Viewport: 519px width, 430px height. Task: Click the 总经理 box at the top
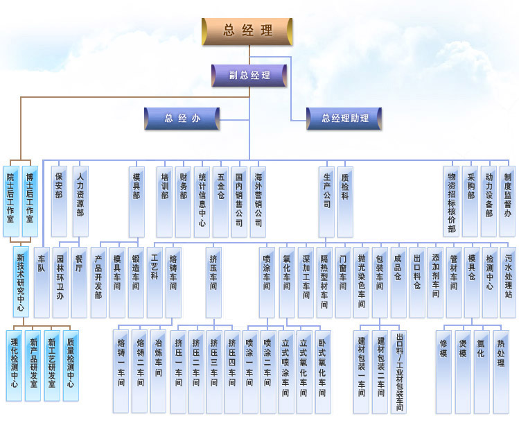(x=247, y=31)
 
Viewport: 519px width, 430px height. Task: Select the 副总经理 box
(x=249, y=76)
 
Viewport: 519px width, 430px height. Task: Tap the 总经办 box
(x=182, y=119)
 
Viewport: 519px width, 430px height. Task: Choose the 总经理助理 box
(x=344, y=119)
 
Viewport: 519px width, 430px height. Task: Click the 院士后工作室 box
(x=11, y=201)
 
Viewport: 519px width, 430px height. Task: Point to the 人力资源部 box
(x=80, y=201)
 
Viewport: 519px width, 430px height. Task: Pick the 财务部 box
(x=184, y=202)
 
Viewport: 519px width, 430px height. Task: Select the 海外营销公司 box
(x=258, y=202)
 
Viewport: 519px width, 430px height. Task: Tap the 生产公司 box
(x=326, y=202)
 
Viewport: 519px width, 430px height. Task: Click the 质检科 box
(x=345, y=202)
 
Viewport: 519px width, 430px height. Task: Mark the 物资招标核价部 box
(x=452, y=201)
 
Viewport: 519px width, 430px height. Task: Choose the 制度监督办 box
(x=507, y=201)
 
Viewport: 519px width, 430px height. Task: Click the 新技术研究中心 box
(x=21, y=282)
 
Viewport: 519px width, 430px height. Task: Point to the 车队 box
(x=42, y=282)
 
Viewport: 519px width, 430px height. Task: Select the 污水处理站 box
(x=508, y=282)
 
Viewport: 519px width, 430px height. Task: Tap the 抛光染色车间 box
(x=361, y=282)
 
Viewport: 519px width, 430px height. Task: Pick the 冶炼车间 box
(x=158, y=371)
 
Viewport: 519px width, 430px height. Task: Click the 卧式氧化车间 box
(x=323, y=372)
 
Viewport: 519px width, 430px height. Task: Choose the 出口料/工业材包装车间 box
(x=399, y=372)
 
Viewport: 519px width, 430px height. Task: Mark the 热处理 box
(x=501, y=372)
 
